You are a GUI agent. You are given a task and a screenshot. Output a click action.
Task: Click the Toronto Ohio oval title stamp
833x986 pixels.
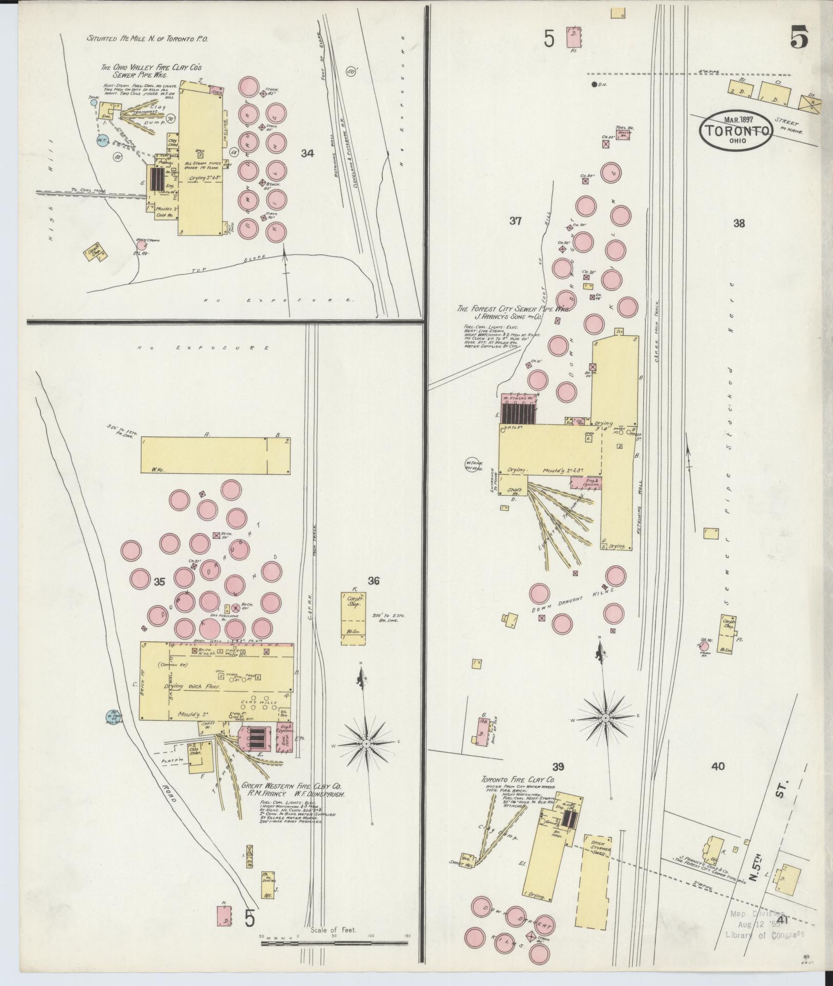pos(736,132)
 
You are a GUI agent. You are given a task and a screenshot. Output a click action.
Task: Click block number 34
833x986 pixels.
pos(307,153)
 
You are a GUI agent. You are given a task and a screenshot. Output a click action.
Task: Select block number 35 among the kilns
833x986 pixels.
pos(160,581)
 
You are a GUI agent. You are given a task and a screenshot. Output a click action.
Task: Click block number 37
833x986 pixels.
pos(515,221)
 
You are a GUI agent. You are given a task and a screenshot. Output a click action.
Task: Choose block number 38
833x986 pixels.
pos(738,223)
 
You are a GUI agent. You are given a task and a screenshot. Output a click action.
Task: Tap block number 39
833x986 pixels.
pos(558,780)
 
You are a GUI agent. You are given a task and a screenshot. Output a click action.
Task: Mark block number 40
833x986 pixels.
pos(718,780)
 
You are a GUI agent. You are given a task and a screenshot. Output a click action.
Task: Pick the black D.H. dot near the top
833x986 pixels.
pos(594,84)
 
